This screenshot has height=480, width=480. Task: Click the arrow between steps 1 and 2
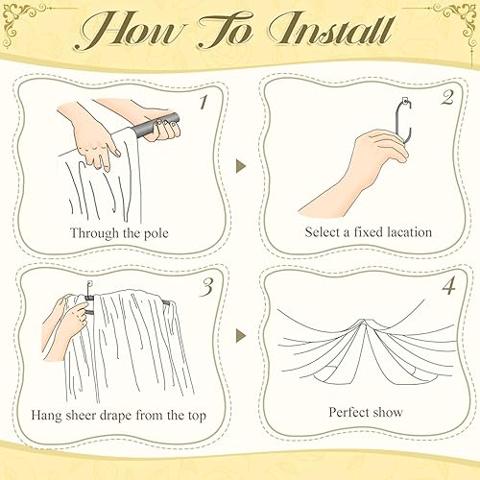(x=240, y=166)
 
